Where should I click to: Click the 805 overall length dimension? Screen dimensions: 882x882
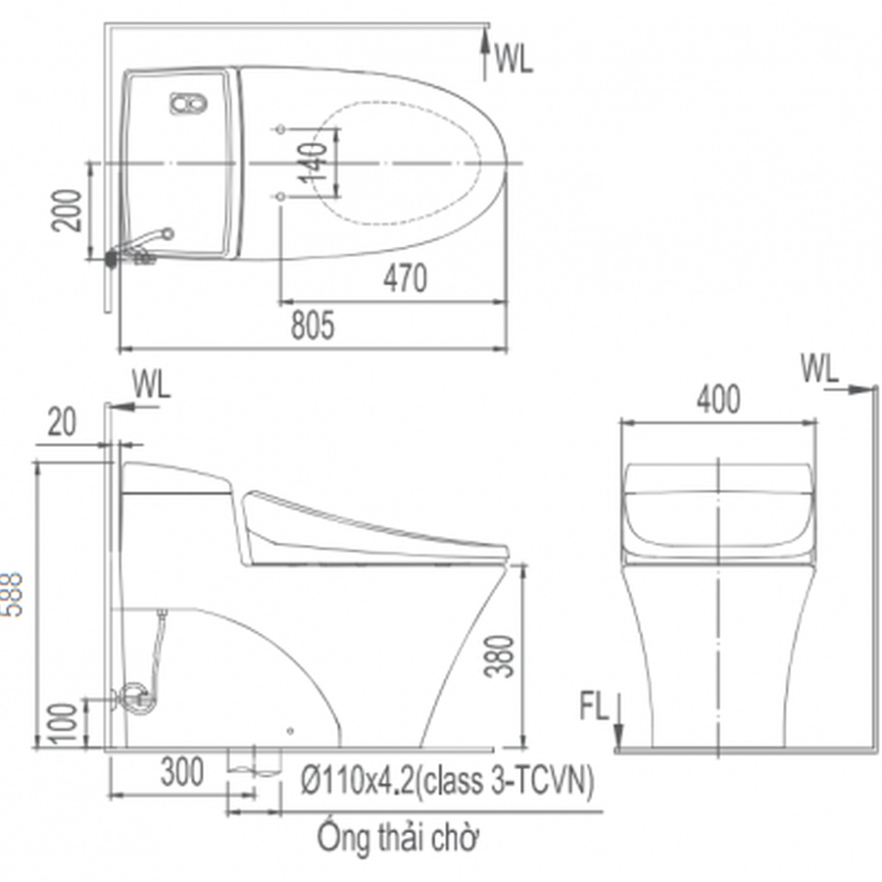coord(313,325)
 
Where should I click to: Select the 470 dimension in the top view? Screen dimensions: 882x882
coord(405,278)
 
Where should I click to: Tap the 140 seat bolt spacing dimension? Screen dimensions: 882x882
coord(313,163)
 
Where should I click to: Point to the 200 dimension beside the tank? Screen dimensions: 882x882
coord(67,211)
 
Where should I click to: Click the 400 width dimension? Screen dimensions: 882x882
coord(718,400)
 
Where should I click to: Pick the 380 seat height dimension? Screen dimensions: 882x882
coord(500,656)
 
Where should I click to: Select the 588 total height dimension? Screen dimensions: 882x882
coord(11,595)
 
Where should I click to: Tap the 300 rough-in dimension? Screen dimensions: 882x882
coord(181,772)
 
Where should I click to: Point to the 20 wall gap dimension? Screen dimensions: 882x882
coord(62,423)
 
